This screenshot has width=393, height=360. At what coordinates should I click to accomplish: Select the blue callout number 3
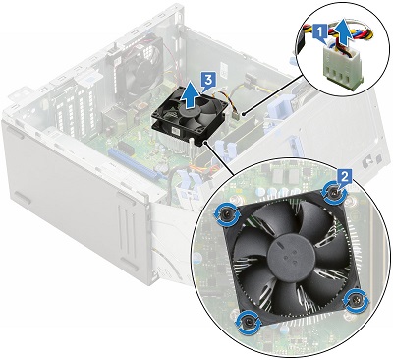coord(203,74)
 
